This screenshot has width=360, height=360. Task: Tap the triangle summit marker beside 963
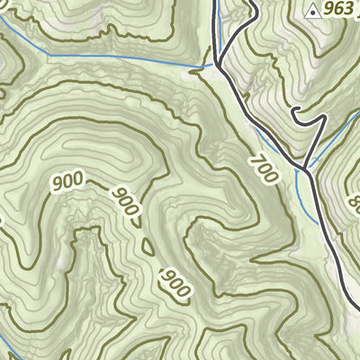312,11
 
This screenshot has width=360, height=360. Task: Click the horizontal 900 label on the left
68,181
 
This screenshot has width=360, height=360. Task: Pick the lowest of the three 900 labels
175,282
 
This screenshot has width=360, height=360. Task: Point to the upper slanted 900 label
126,203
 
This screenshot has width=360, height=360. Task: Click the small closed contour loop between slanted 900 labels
147,245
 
